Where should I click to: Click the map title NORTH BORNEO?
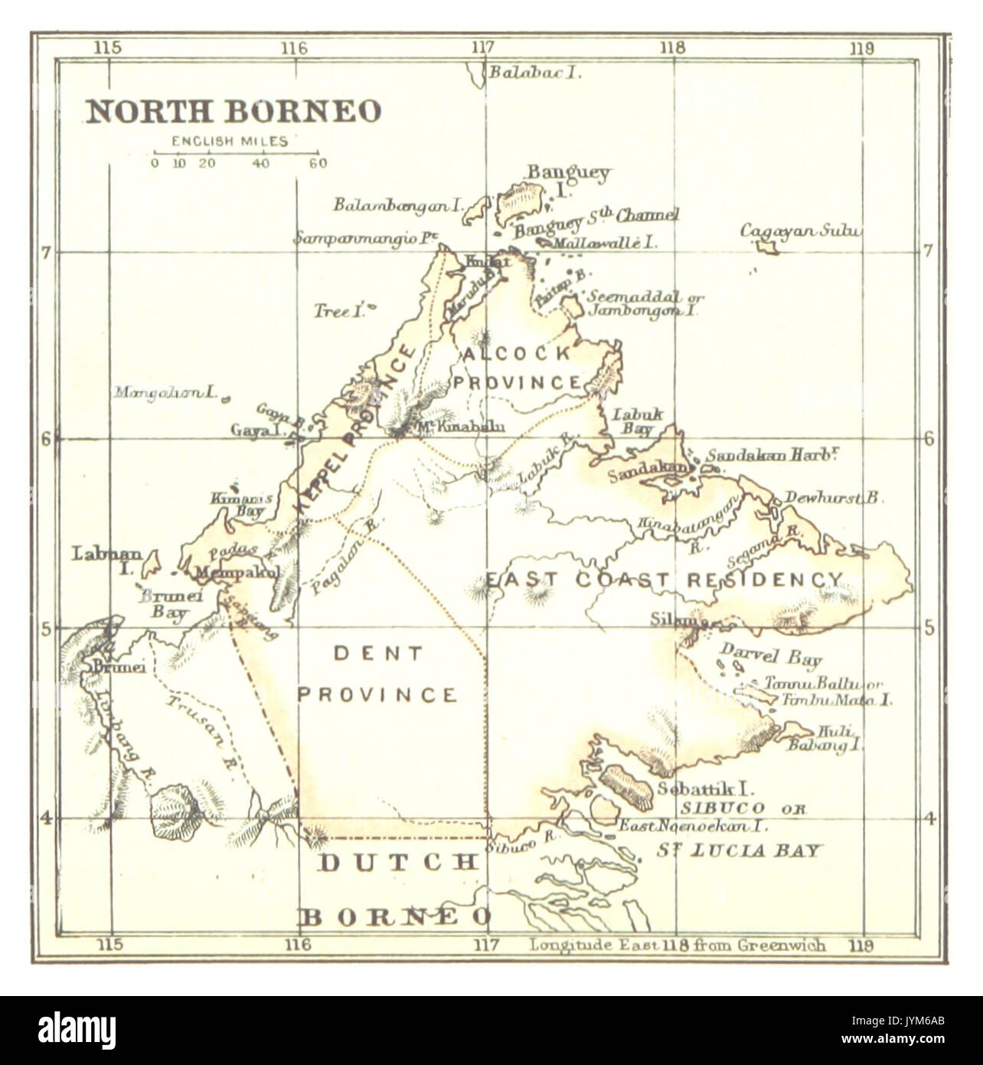[233, 111]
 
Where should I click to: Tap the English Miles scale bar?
[236, 153]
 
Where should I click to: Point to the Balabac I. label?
[536, 73]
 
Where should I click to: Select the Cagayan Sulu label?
[801, 231]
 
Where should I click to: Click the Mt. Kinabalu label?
[459, 428]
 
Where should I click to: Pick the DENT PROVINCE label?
[377, 674]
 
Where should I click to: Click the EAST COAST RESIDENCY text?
[665, 580]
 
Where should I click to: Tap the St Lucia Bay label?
[740, 850]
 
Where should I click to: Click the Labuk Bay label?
[636, 422]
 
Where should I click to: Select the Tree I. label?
[337, 311]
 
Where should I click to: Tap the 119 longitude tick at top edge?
[861, 48]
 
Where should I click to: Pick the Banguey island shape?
[521, 202]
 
